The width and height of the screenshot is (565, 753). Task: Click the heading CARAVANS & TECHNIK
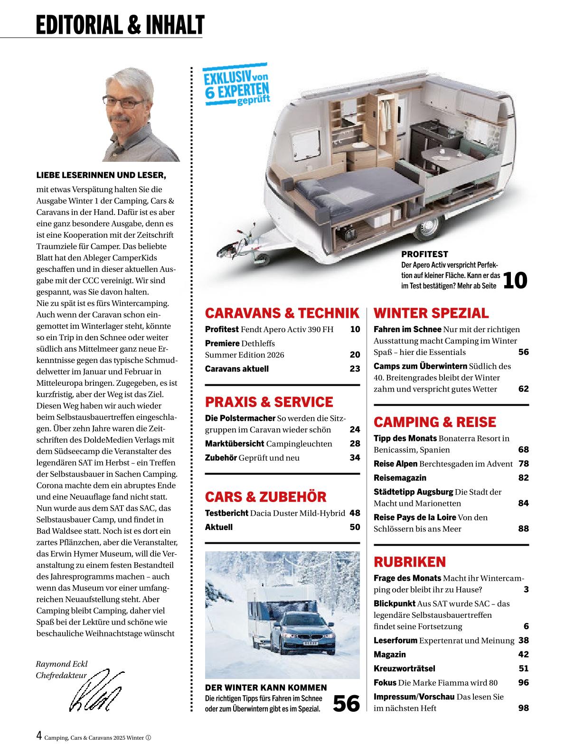[282, 313]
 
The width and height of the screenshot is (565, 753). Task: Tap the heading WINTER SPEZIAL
[431, 313]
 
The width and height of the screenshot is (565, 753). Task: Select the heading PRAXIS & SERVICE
[269, 402]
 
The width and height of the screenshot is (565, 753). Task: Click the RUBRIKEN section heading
[410, 562]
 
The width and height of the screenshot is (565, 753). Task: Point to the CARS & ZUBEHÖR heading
[265, 497]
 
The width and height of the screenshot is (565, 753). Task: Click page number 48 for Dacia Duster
[355, 513]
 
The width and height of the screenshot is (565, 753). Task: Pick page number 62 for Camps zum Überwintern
[523, 389]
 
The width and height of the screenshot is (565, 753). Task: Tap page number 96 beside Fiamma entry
[523, 683]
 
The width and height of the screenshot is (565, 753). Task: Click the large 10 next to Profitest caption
[515, 280]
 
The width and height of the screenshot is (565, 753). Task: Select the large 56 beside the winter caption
[346, 703]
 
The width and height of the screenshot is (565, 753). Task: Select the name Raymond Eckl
[62, 664]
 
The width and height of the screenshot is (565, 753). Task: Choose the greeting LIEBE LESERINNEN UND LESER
[102, 176]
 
